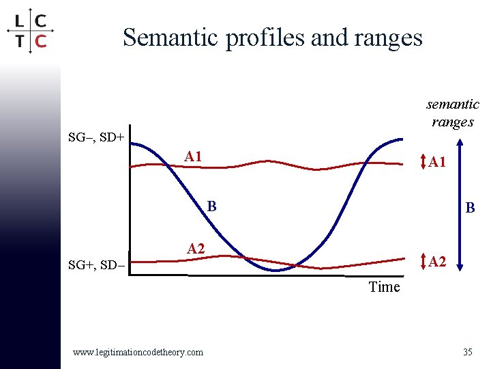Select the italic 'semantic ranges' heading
pyautogui.click(x=452, y=113)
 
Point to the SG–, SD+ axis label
pyautogui.click(x=96, y=137)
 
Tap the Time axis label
pyautogui.click(x=384, y=287)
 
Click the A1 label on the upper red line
pyautogui.click(x=194, y=156)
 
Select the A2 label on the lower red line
pyautogui.click(x=196, y=249)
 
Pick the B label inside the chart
pyautogui.click(x=211, y=205)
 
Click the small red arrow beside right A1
pyautogui.click(x=423, y=163)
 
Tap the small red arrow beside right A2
pyautogui.click(x=423, y=261)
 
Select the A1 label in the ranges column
pyautogui.click(x=438, y=163)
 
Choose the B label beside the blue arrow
pyautogui.click(x=471, y=207)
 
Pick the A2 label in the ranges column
pyautogui.click(x=438, y=261)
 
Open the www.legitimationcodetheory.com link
pyautogui.click(x=138, y=352)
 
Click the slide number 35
pyautogui.click(x=467, y=352)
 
